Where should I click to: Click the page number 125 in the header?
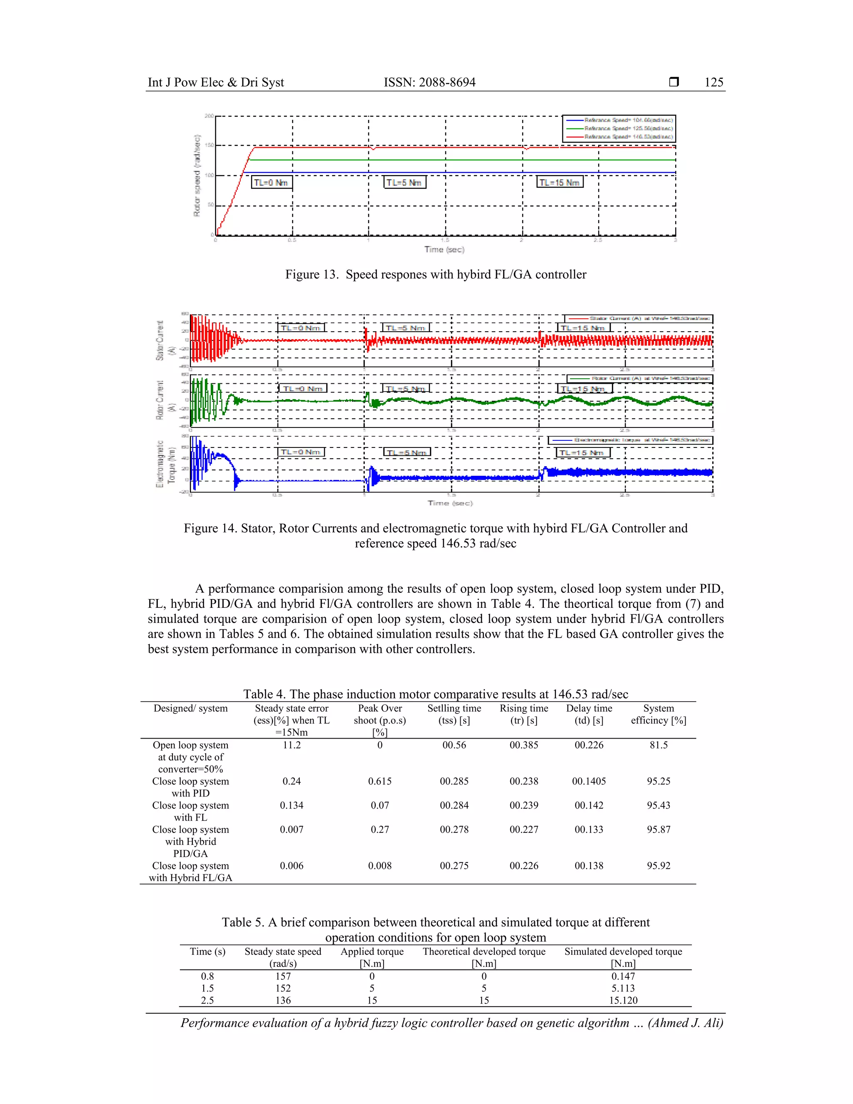[x=713, y=82]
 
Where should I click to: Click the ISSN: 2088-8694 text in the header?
[x=429, y=82]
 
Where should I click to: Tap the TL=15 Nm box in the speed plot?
[x=559, y=182]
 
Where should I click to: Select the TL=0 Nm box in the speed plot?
[x=272, y=182]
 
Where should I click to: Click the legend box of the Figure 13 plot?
[x=619, y=128]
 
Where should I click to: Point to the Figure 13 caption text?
[x=436, y=275]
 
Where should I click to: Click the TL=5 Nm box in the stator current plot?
[x=406, y=328]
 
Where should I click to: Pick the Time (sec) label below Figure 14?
[x=450, y=503]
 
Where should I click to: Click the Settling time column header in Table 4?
[x=454, y=714]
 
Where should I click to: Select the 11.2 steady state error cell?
[x=292, y=745]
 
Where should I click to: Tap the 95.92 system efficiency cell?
[x=658, y=865]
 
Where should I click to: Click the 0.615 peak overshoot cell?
[x=379, y=781]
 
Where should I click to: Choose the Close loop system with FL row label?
[x=190, y=811]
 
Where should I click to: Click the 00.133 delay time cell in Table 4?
[x=589, y=829]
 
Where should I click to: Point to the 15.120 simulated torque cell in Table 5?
[x=623, y=1000]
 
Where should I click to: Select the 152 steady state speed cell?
[x=283, y=988]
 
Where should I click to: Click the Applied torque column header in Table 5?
[x=372, y=957]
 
